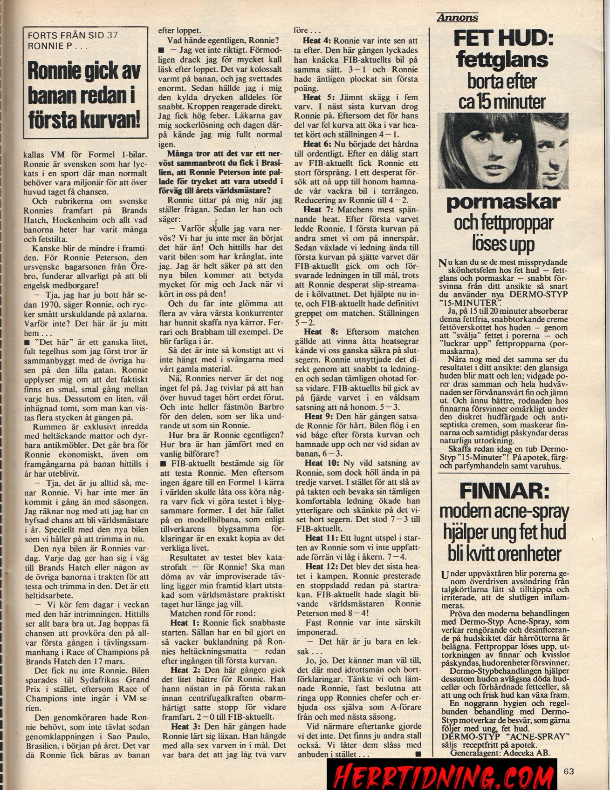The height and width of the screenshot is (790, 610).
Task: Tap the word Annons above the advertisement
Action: pos(458,18)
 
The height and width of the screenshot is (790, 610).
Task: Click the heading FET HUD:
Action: pos(504,38)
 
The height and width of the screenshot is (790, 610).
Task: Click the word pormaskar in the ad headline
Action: pos(503,202)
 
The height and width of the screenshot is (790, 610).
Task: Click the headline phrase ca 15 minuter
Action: pos(502,101)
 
